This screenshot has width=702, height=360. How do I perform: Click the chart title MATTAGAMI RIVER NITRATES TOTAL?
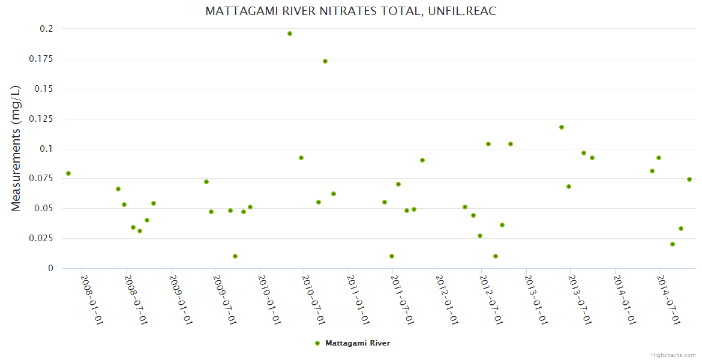point(350,11)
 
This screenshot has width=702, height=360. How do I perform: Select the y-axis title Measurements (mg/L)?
point(16,148)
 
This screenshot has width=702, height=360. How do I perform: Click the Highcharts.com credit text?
point(673,355)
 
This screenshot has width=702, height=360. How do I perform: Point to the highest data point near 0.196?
point(290,34)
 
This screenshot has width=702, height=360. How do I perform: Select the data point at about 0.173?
point(325,61)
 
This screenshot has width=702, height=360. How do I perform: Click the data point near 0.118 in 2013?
point(562,127)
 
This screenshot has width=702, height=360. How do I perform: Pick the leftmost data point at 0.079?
point(68,173)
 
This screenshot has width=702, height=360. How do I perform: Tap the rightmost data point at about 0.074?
point(689,179)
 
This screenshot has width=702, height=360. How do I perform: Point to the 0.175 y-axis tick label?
point(41,59)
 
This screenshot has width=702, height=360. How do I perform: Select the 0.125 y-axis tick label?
point(41,119)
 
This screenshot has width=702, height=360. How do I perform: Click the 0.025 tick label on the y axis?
point(41,238)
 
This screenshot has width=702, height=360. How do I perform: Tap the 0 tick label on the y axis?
point(50,268)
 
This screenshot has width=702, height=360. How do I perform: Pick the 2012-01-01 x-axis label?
point(446,299)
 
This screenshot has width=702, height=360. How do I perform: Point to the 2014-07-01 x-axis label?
point(668,299)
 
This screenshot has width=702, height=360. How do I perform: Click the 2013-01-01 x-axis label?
point(535,299)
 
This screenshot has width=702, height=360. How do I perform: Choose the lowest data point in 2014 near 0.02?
point(673,244)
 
